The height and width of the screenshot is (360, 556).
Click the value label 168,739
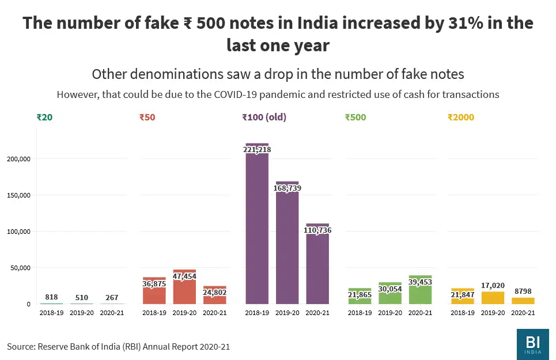[x=287, y=188]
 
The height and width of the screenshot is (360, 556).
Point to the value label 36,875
[x=154, y=283]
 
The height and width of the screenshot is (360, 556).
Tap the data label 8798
[x=523, y=293]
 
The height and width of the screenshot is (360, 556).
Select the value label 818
[x=51, y=297]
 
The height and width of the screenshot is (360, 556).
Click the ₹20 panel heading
[x=44, y=118]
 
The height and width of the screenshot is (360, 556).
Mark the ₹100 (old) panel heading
[x=264, y=118]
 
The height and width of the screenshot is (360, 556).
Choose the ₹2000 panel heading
[x=461, y=118]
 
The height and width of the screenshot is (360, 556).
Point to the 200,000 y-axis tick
[x=18, y=159]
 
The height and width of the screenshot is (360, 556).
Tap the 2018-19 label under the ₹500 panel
[x=360, y=313]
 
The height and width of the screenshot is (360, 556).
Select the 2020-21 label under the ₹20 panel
[x=112, y=313]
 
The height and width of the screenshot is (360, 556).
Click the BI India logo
[x=533, y=344]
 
